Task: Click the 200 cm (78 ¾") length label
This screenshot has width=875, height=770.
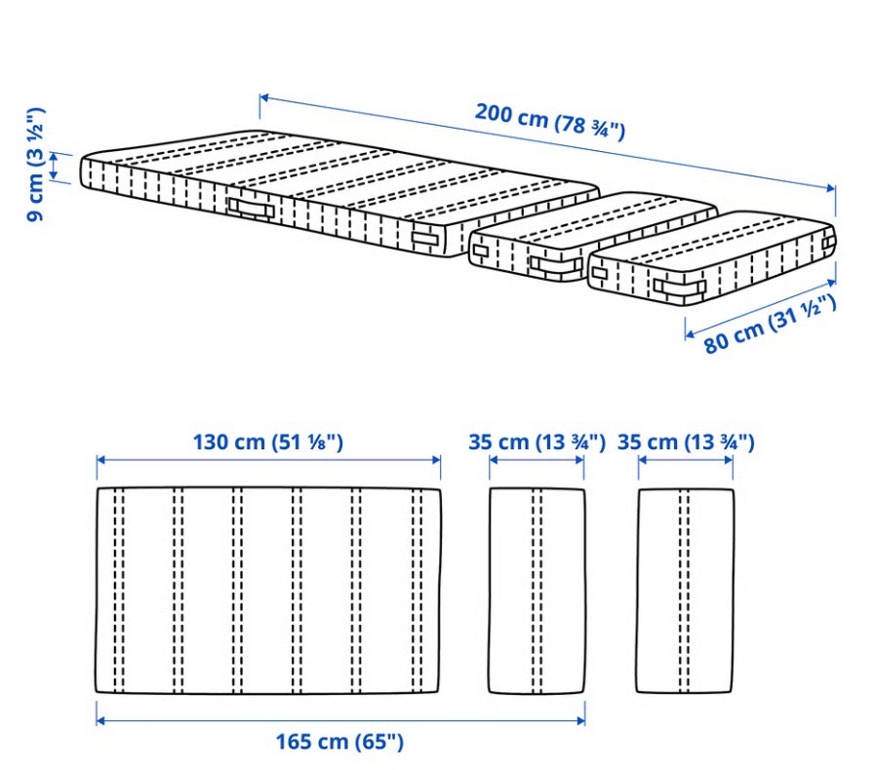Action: click(549, 122)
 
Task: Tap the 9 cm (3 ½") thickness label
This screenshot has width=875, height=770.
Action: click(35, 165)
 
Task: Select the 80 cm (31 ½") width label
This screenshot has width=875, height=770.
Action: click(770, 326)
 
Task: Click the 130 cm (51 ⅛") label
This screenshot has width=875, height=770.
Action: click(268, 443)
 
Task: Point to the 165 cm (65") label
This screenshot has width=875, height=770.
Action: click(339, 742)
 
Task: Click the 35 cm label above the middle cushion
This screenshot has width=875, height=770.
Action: click(537, 443)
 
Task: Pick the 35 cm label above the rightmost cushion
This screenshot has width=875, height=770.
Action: click(686, 443)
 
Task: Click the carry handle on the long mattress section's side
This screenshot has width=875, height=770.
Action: click(251, 209)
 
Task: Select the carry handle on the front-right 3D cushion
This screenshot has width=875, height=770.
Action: click(680, 288)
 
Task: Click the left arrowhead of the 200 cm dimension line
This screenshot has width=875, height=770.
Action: click(264, 98)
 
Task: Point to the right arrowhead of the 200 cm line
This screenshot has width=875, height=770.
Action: click(831, 188)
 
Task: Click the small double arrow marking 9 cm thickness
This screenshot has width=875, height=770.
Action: click(54, 166)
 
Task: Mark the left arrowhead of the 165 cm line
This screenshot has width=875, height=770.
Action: click(100, 720)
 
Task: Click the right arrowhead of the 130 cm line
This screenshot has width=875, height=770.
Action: click(436, 460)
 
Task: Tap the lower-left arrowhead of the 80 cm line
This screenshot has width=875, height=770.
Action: click(690, 334)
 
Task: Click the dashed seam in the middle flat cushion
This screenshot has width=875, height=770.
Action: click(537, 591)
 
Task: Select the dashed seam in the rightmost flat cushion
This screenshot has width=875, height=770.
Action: click(685, 591)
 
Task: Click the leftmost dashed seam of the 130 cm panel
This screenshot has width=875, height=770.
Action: click(118, 591)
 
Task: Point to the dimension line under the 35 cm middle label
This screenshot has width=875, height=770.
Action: click(537, 460)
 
